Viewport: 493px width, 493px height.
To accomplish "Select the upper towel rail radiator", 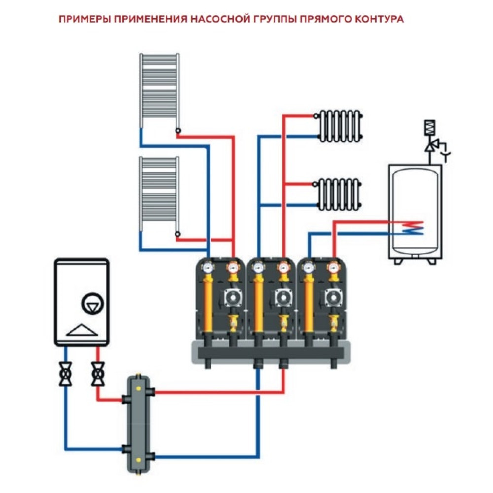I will click(159, 91).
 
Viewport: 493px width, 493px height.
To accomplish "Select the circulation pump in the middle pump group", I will click(283, 297).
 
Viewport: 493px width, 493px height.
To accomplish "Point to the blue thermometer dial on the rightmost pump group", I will click(309, 269).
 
